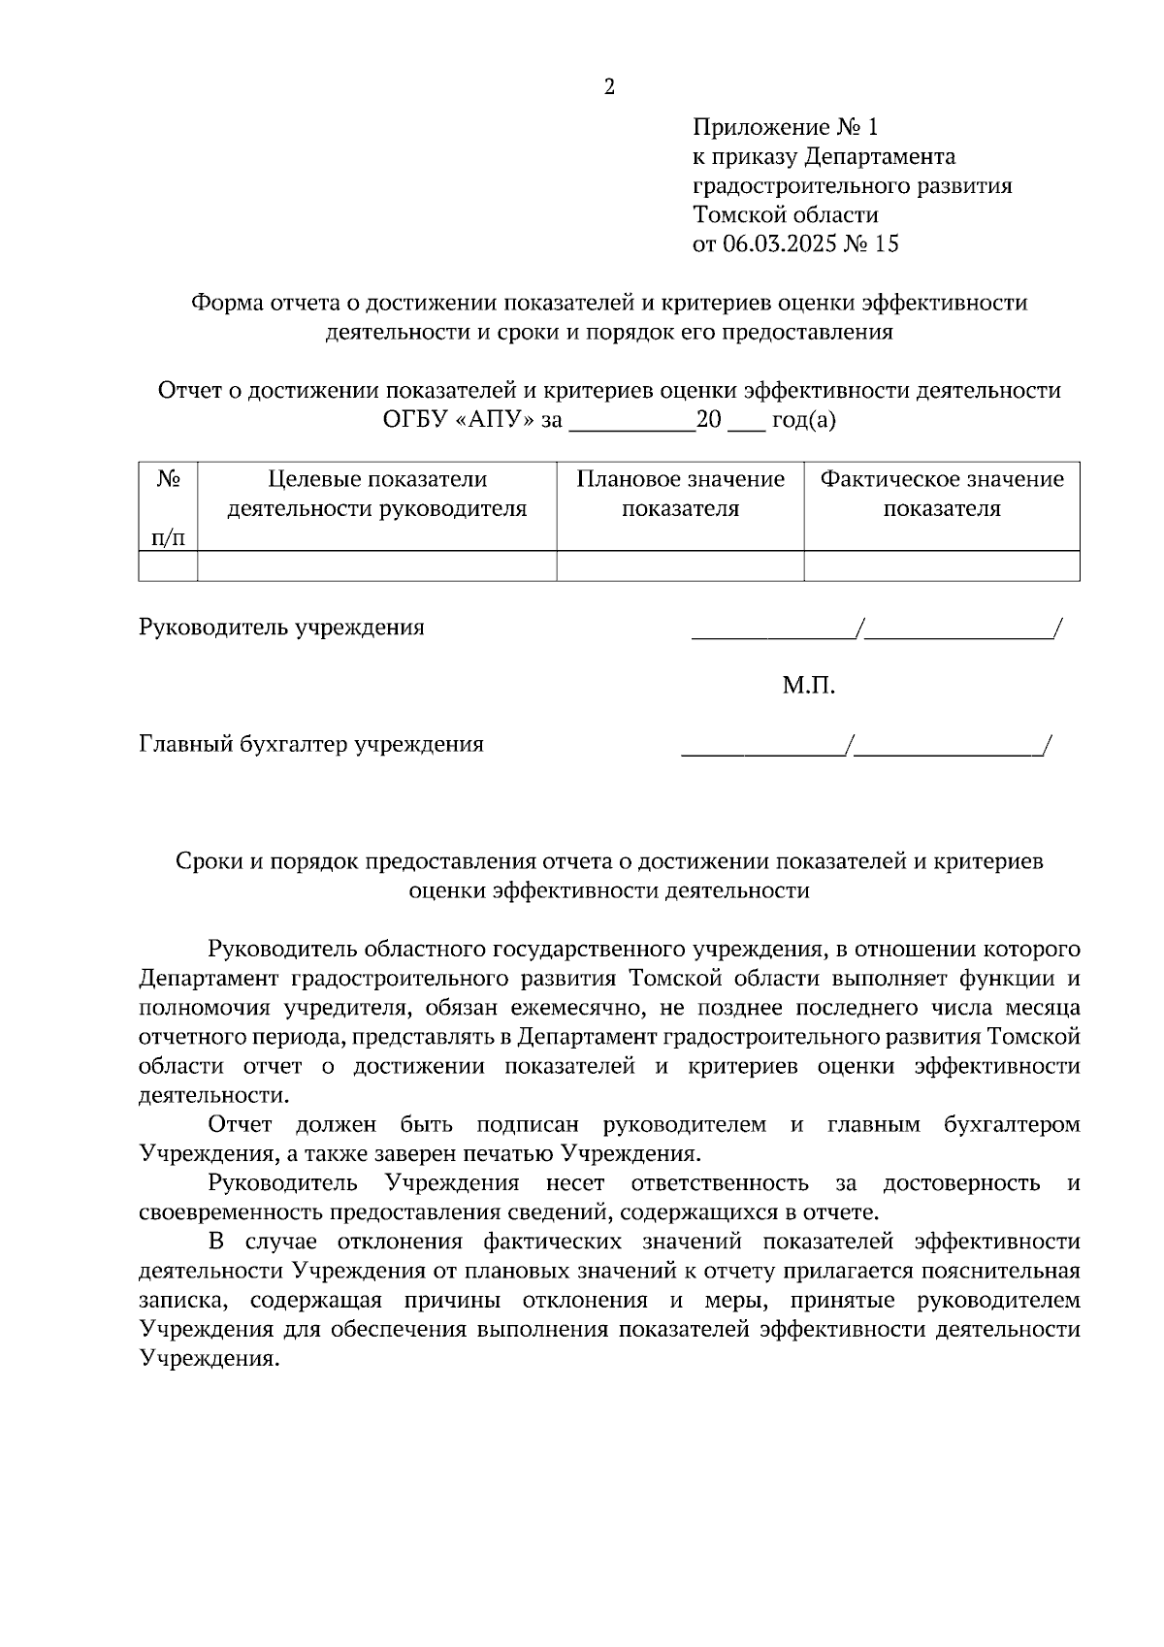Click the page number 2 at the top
point(609,87)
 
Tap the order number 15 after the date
point(886,243)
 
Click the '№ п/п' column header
point(168,507)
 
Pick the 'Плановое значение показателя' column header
point(680,494)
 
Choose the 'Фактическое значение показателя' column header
point(941,494)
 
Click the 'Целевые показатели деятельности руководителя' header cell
point(376,494)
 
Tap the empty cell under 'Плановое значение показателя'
point(680,565)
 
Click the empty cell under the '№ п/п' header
point(168,565)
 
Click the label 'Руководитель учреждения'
point(281,628)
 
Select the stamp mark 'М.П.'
point(808,687)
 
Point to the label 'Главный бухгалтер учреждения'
point(311,745)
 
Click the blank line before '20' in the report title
point(631,425)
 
